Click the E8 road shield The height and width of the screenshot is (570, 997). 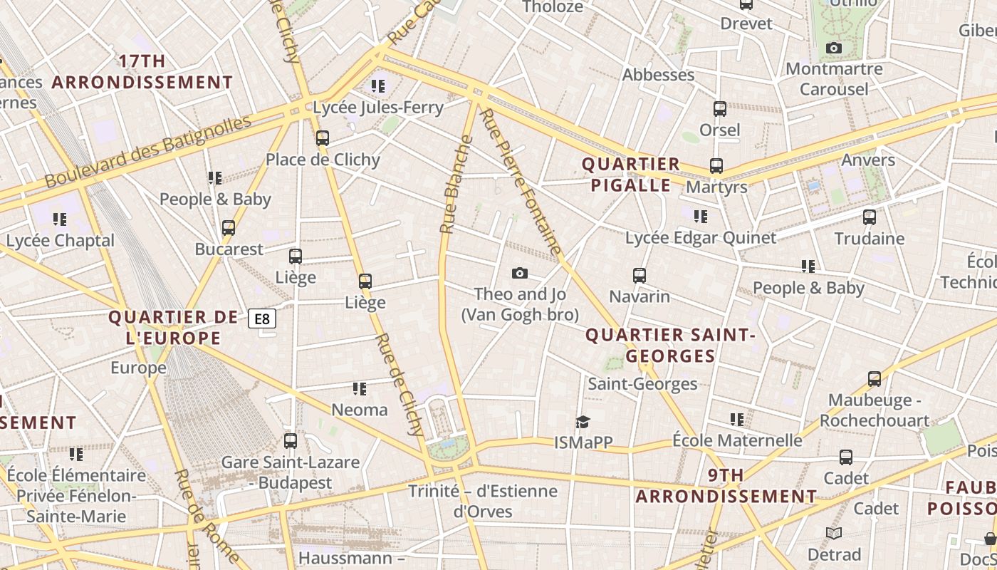262,318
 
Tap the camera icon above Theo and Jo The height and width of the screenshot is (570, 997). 520,274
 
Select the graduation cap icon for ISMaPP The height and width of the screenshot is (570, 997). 583,422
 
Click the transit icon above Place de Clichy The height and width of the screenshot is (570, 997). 323,138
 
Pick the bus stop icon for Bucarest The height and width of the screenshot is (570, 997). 229,228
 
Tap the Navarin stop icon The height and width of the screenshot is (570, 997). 640,275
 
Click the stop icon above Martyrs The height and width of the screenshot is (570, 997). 716,166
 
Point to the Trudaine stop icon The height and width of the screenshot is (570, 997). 869,217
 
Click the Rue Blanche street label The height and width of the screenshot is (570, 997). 456,185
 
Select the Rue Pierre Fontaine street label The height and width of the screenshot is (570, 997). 522,182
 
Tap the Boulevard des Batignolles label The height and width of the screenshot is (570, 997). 148,151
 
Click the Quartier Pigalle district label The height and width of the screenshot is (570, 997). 627,175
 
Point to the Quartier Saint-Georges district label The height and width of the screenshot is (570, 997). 669,346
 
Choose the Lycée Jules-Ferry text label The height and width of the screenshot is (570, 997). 378,108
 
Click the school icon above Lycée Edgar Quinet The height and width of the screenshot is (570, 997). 701,216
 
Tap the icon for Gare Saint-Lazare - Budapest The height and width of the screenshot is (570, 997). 290,441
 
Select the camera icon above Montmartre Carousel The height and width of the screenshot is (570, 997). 833,48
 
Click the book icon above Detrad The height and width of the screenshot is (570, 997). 834,533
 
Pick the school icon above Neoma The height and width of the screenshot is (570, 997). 360,389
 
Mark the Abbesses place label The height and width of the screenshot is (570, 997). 658,75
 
